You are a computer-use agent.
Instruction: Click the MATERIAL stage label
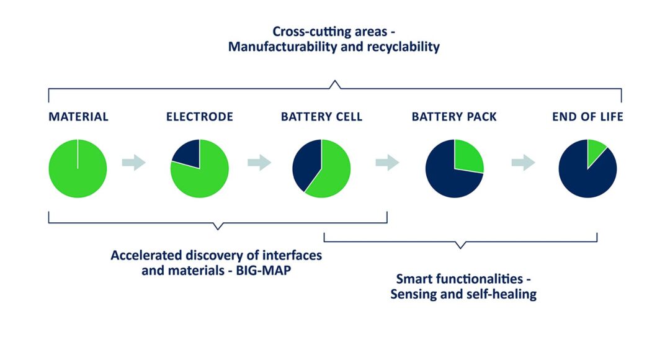(x=78, y=117)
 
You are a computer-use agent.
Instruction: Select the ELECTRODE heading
(x=200, y=117)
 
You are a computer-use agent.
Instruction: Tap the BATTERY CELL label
(x=321, y=117)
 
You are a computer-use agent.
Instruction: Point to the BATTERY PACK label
(x=454, y=117)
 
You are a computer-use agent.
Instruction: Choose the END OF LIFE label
(x=587, y=117)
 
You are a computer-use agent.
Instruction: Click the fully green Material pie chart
(x=78, y=168)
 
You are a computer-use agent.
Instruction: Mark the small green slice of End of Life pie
(x=595, y=151)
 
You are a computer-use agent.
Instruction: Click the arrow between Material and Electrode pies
(x=134, y=163)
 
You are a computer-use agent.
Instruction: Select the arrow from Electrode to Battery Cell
(x=259, y=163)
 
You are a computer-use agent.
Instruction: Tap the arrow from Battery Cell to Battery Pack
(x=388, y=163)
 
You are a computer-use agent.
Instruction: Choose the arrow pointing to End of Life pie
(x=524, y=163)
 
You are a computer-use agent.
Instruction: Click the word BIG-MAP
(x=263, y=270)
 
